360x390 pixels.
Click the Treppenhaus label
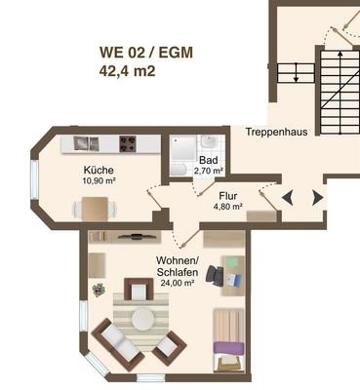[x=276, y=132]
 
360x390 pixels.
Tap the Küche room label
[x=99, y=170]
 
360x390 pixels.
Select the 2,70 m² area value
[x=209, y=171]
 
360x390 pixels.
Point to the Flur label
[x=228, y=196]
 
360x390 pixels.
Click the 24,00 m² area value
[x=178, y=283]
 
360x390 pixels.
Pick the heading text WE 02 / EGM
[x=146, y=53]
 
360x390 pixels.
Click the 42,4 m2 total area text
[x=127, y=71]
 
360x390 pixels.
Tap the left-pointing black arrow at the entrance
[x=288, y=198]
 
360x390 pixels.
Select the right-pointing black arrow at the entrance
[x=318, y=198]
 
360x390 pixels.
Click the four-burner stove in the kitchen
[x=128, y=144]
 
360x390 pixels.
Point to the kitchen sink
[x=86, y=143]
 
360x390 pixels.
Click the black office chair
[x=215, y=276]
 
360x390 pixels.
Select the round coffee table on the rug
[x=142, y=319]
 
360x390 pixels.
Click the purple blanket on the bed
[x=228, y=348]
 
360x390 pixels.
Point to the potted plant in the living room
[x=99, y=290]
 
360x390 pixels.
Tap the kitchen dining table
[x=95, y=209]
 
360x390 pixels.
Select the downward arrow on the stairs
[x=296, y=72]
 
